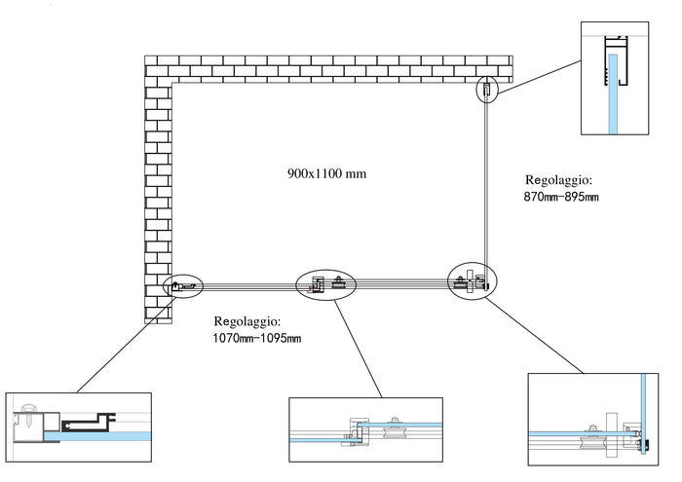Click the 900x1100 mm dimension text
[x=326, y=174]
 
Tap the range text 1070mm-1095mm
[x=257, y=338]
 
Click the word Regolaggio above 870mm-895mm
[x=558, y=180]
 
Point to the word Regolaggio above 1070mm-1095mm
[x=246, y=320]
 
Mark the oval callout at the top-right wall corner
[x=487, y=91]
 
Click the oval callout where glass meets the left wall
[x=184, y=285]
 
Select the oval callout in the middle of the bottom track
[x=326, y=283]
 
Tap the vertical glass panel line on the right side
[x=487, y=185]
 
